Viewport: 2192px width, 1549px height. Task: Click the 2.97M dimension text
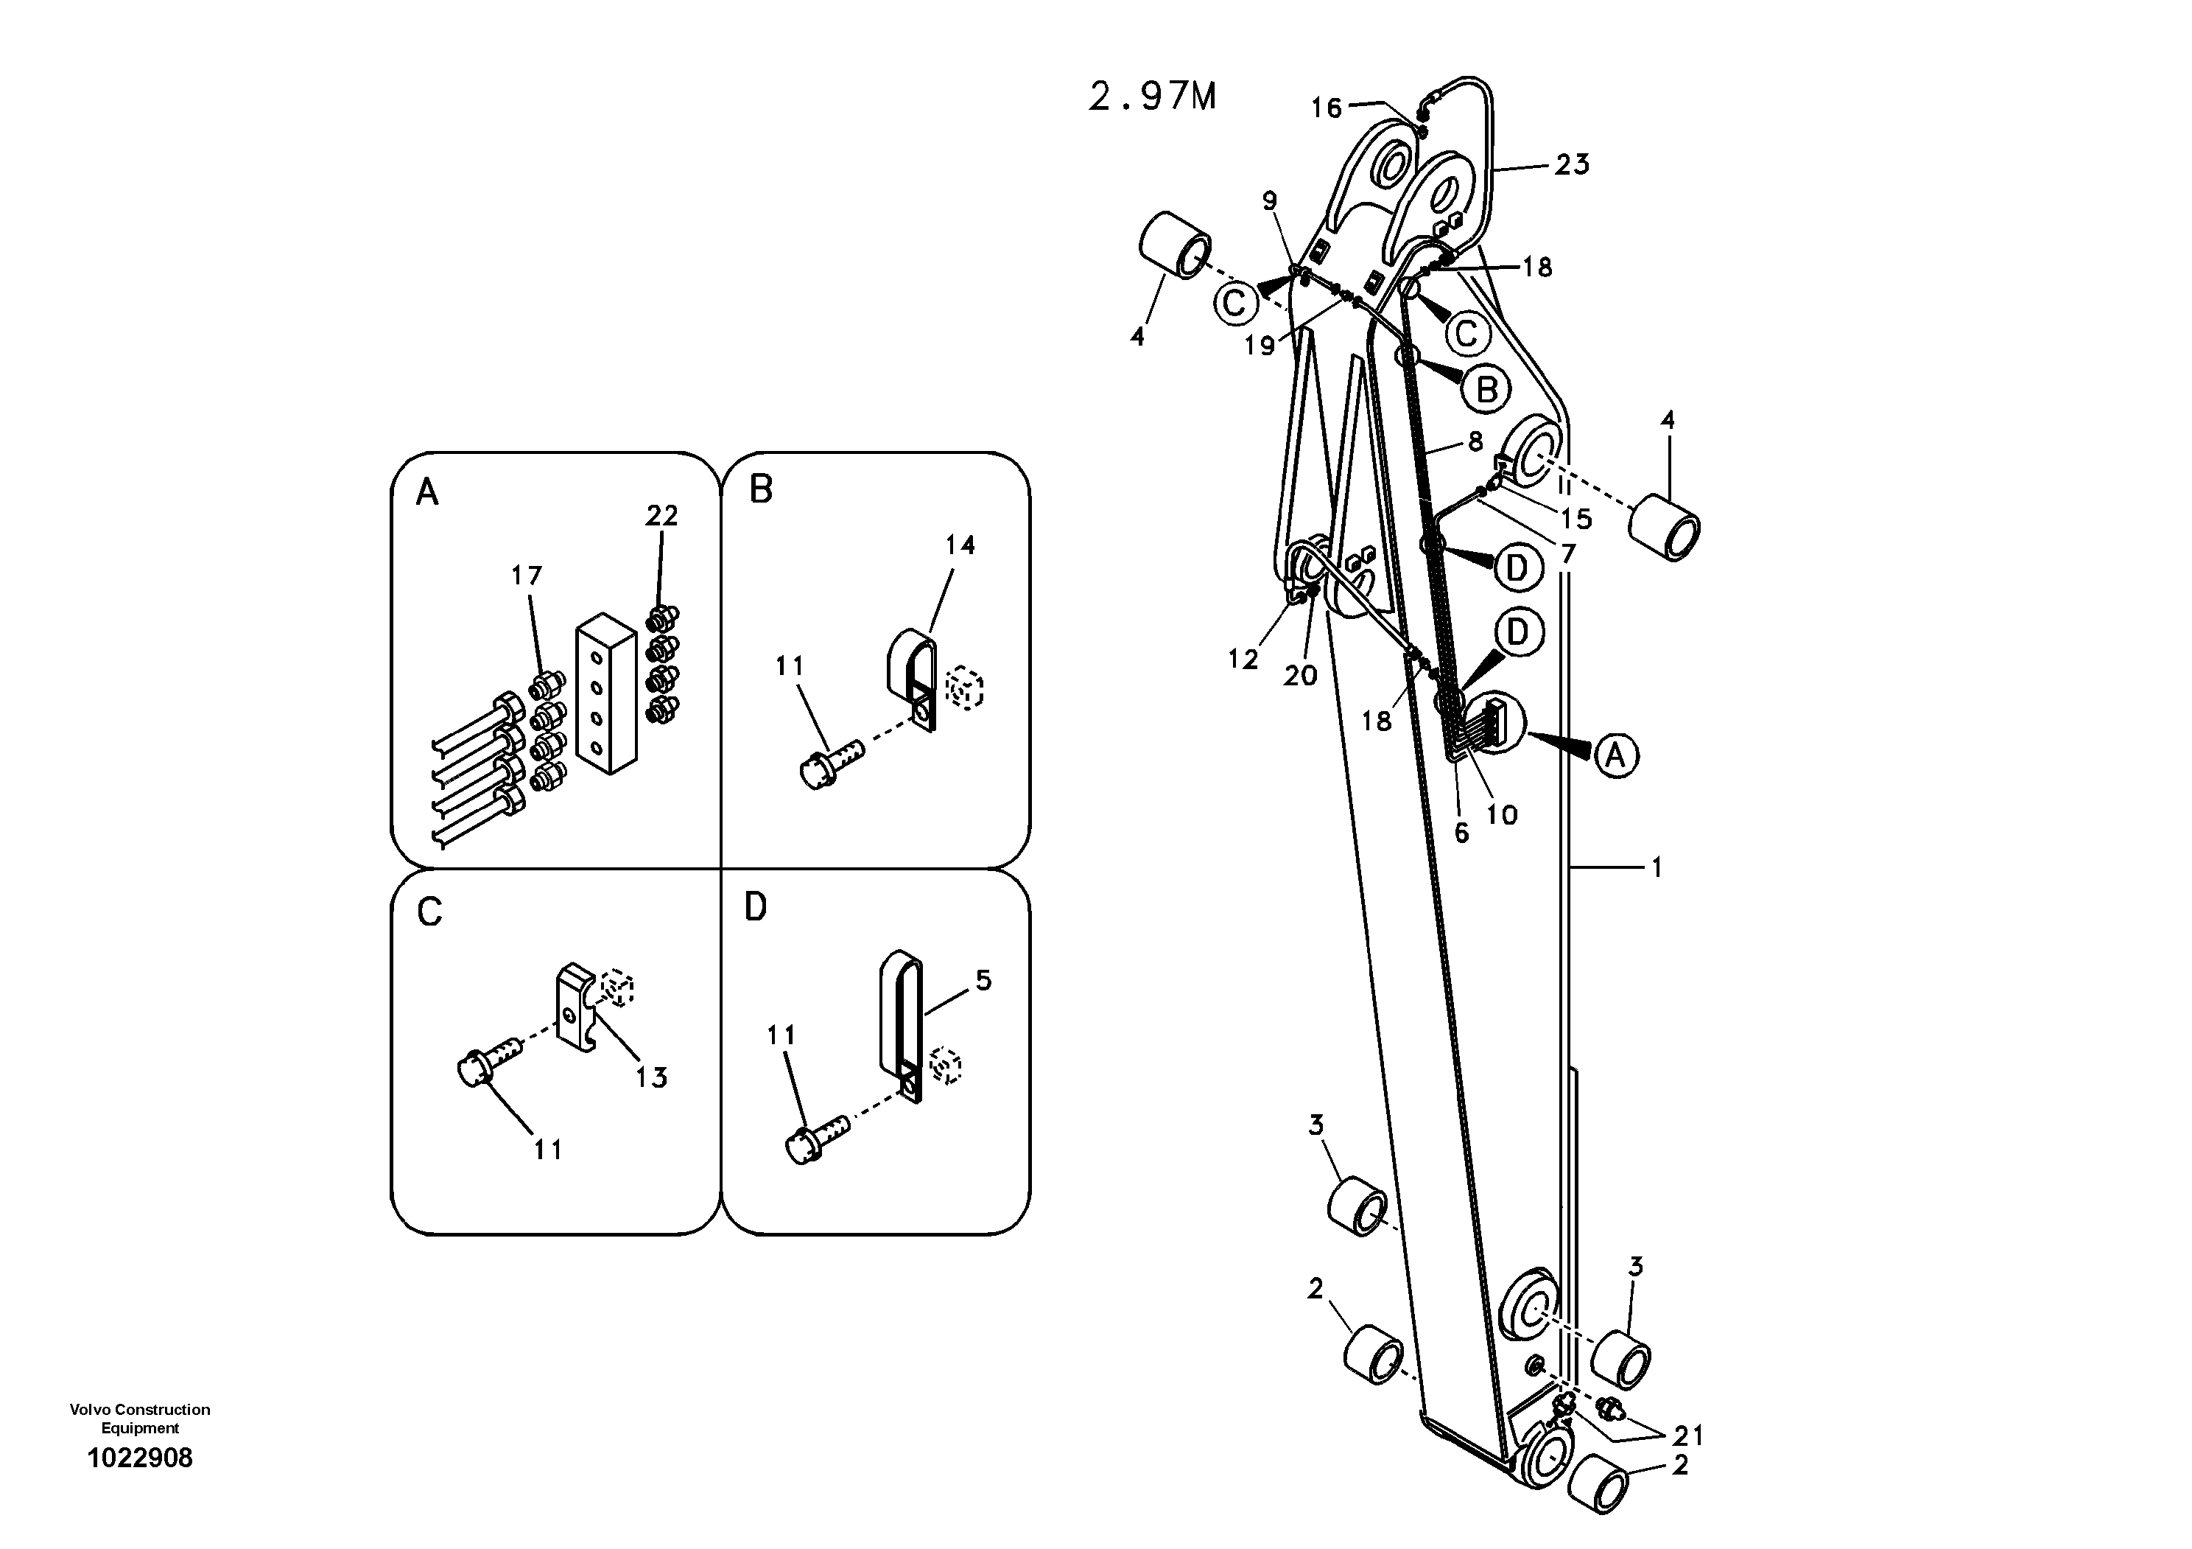[x=1152, y=97]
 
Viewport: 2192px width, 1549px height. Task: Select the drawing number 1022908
[x=139, y=1458]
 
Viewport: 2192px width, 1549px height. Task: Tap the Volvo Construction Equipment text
[x=139, y=1418]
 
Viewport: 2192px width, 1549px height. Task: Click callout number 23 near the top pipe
[x=1571, y=164]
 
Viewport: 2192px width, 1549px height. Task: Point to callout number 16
[x=1326, y=108]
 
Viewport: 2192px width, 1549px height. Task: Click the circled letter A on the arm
[x=1615, y=755]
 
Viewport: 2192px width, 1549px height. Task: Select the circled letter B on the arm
[x=1486, y=390]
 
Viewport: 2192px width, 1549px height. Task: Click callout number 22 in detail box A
[x=661, y=516]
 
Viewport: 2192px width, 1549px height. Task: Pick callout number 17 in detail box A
[x=526, y=576]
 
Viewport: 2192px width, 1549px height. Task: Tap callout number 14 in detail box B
[x=960, y=545]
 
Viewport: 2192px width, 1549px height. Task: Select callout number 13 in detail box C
[x=651, y=1077]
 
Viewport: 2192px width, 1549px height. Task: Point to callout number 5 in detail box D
[x=983, y=981]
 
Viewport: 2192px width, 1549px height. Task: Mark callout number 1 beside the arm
[x=1657, y=867]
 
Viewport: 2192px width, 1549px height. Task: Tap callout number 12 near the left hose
[x=1243, y=659]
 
